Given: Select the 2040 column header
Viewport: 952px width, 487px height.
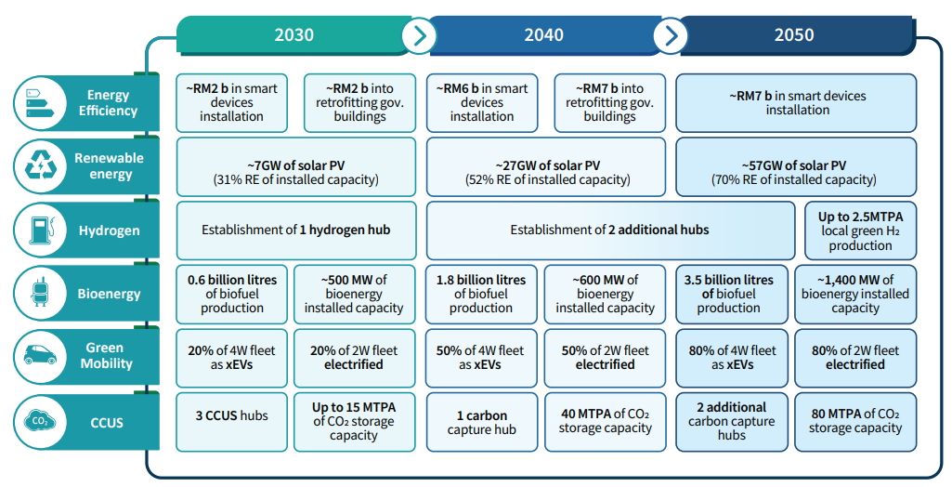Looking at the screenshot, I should pos(543,35).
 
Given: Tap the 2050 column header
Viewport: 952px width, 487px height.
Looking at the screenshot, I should pos(793,35).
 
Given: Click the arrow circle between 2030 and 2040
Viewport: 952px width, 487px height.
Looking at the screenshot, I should pos(419,36).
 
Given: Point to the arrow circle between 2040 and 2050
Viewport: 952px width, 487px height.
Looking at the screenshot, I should pos(670,36).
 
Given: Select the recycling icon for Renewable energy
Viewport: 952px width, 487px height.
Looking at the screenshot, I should pos(40,166).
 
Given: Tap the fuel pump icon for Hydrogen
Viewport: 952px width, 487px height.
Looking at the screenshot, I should pos(40,230).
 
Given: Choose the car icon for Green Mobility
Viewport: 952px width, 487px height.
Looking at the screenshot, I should pos(40,357).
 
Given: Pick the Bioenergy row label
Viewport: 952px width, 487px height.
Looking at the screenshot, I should pos(109,294).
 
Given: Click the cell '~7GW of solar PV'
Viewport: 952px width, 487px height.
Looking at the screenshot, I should pos(295,171).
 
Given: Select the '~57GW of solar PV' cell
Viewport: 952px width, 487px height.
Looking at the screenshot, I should pos(795,171).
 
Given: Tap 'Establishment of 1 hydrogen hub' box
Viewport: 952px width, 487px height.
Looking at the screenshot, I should pos(295,230).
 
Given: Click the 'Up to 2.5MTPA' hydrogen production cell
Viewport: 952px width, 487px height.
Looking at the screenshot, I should pos(860,230).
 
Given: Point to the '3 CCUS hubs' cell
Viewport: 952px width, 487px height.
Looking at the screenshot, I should pos(231,416).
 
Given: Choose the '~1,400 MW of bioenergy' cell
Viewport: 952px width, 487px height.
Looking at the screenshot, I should pos(855,294).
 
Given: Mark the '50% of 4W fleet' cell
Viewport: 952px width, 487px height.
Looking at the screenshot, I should pos(481,358).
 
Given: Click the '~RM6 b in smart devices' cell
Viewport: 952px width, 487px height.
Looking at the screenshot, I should pos(481,102).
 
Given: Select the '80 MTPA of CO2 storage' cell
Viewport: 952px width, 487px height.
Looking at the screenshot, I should pos(855,421).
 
